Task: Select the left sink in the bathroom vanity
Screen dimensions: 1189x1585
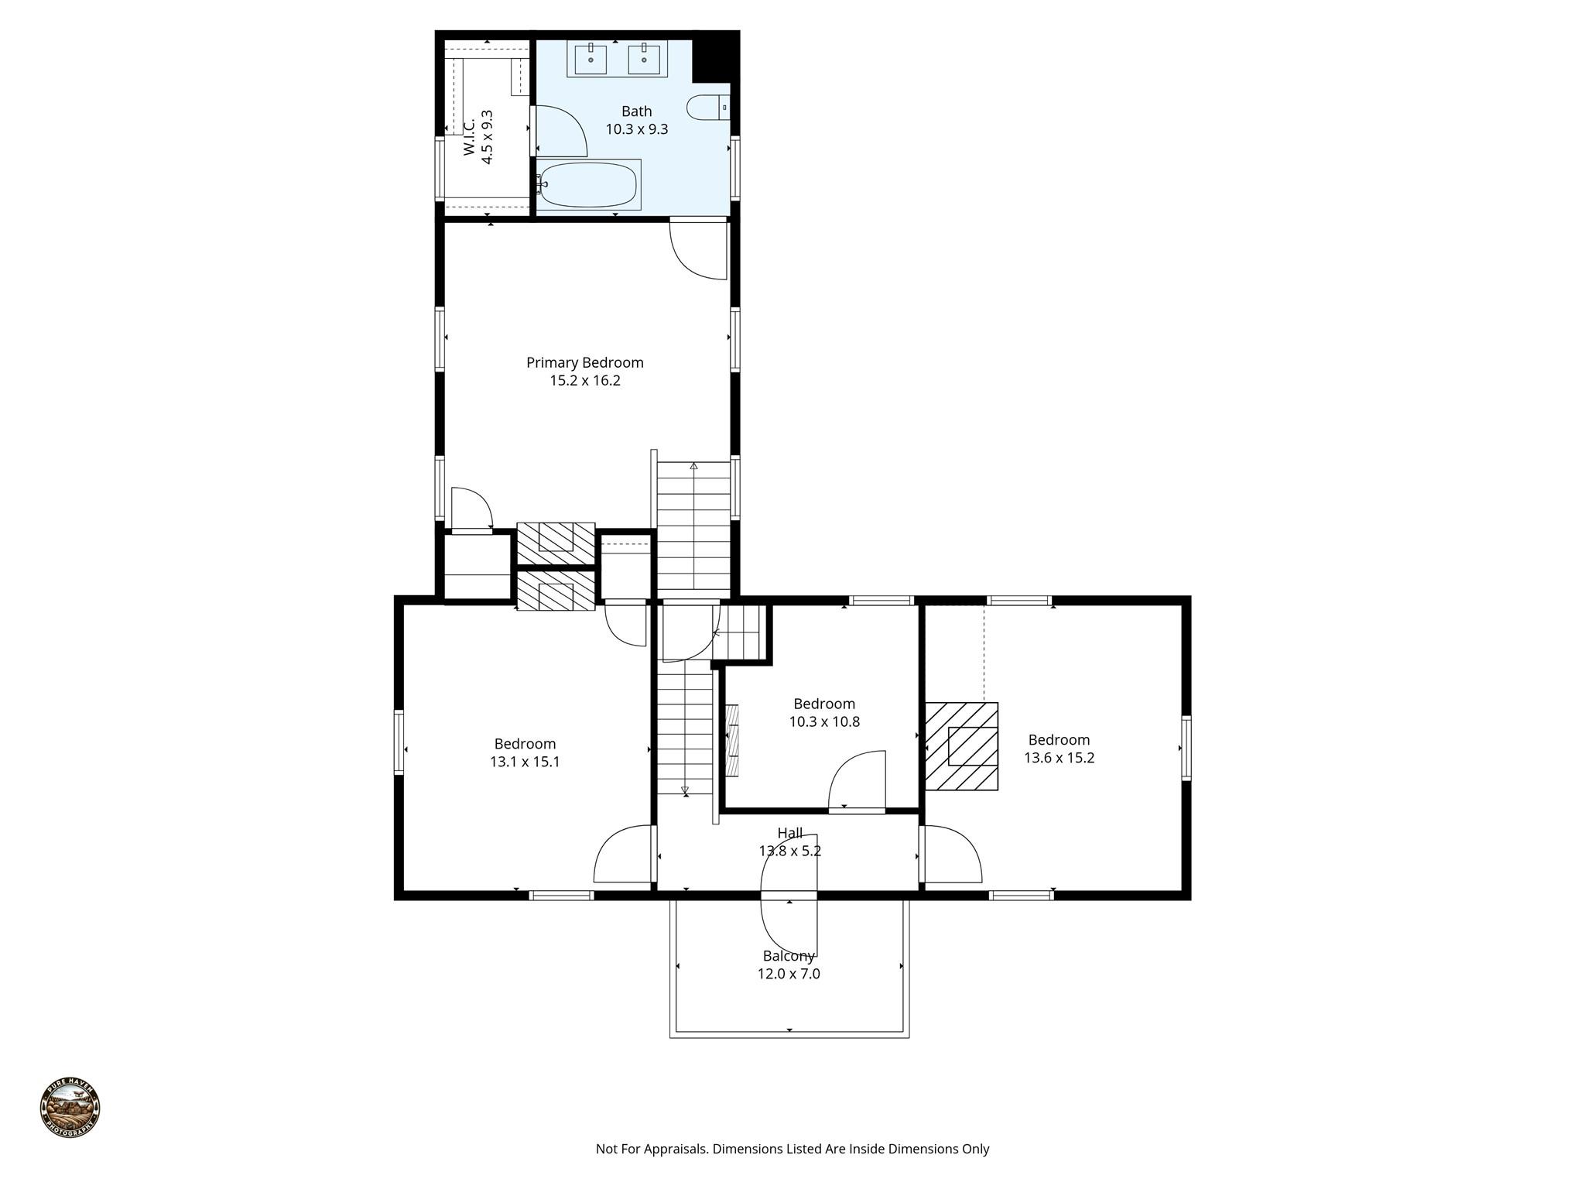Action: [591, 59]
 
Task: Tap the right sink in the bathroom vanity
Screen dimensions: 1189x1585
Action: [643, 59]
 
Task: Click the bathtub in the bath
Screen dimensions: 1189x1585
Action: [588, 185]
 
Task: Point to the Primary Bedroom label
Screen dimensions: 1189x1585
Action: [584, 362]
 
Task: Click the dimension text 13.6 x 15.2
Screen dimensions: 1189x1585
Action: [1059, 758]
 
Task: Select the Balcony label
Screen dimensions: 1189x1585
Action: [788, 956]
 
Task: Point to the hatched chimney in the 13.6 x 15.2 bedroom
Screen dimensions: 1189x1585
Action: [961, 746]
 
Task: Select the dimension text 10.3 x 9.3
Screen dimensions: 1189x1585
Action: [636, 129]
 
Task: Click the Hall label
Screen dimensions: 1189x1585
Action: [789, 833]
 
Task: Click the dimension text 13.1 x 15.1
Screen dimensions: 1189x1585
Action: [525, 762]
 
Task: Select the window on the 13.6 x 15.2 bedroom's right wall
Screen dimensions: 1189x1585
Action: [1186, 747]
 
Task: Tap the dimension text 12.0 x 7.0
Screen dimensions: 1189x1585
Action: [788, 974]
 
